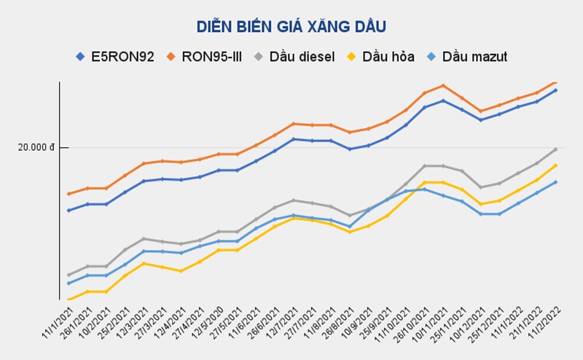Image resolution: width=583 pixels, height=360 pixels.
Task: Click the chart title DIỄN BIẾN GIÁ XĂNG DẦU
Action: click(291, 27)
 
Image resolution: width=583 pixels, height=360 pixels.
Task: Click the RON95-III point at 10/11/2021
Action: click(443, 85)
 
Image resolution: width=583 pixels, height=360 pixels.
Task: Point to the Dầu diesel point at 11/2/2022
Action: click(555, 149)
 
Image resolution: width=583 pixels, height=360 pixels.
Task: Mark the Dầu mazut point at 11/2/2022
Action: click(555, 182)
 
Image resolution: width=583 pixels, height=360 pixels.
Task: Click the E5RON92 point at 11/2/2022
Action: click(555, 90)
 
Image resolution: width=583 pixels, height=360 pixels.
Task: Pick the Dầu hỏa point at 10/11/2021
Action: click(443, 182)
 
